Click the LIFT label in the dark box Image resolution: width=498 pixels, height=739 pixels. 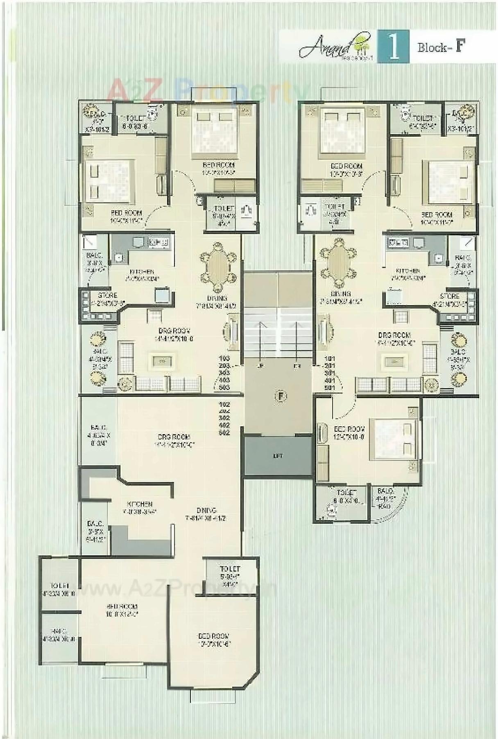tap(278, 456)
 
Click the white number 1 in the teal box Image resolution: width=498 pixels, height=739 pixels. tap(393, 47)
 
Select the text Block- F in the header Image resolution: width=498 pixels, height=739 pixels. tap(441, 47)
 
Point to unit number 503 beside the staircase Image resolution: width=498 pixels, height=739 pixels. tap(224, 387)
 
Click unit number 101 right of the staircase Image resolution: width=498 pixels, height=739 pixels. tap(330, 358)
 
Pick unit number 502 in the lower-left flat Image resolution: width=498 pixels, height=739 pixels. tap(224, 433)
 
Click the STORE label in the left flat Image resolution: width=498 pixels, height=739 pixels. tap(108, 295)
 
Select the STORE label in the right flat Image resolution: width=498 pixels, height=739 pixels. tap(450, 296)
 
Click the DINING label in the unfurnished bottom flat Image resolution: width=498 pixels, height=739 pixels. tap(206, 510)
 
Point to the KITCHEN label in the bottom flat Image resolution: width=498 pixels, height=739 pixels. tap(140, 504)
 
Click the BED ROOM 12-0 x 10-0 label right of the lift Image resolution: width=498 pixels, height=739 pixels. tap(349, 429)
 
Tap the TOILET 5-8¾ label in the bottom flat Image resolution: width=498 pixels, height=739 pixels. tap(230, 569)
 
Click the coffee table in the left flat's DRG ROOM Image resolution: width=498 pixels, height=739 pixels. tap(162, 361)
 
